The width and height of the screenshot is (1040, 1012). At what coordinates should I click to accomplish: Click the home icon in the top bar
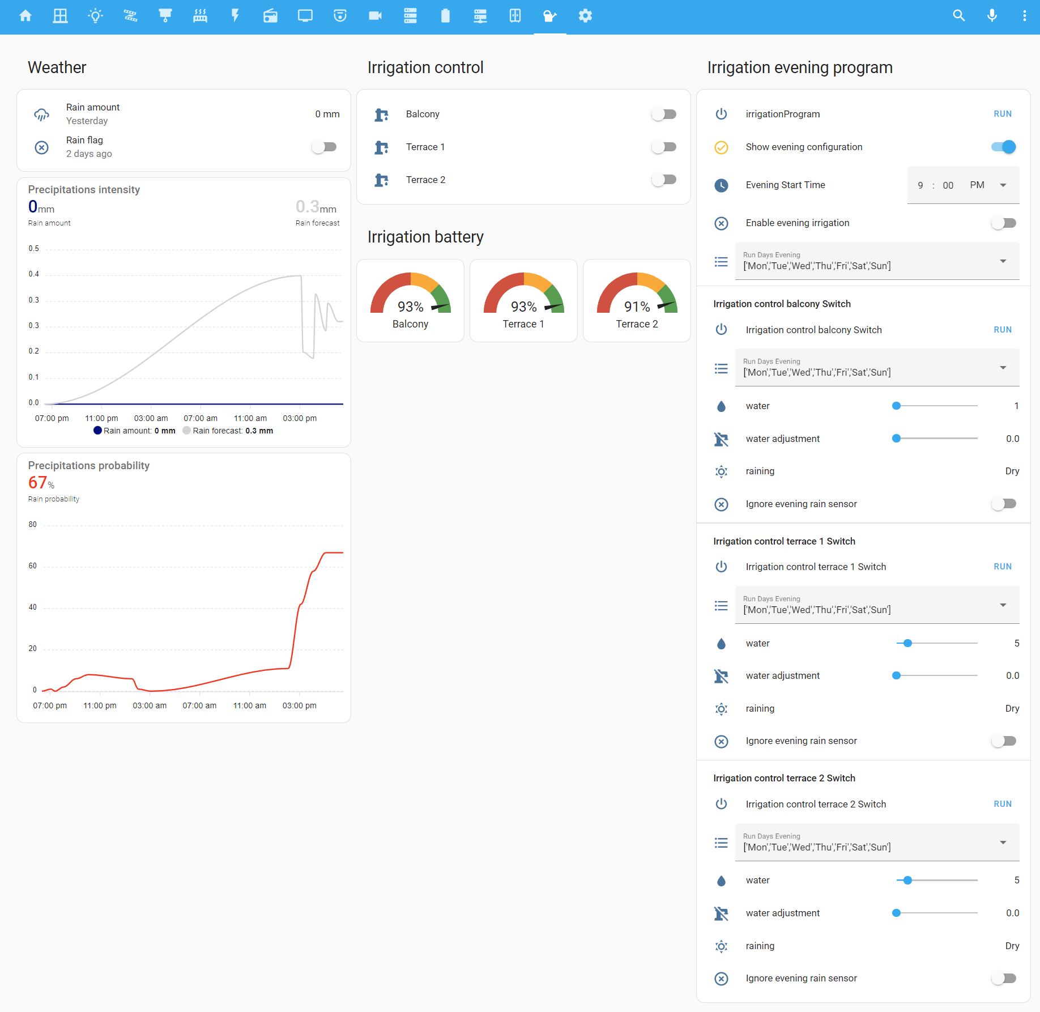click(x=25, y=16)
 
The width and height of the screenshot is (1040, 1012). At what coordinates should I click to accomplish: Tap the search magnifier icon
click(x=958, y=16)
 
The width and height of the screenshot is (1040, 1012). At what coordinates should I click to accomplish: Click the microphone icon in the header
click(x=992, y=16)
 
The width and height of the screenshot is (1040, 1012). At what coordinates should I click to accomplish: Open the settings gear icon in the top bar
click(x=585, y=16)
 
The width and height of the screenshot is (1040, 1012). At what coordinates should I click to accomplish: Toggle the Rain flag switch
click(x=324, y=147)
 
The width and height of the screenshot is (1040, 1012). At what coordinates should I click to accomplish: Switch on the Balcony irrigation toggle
click(x=663, y=114)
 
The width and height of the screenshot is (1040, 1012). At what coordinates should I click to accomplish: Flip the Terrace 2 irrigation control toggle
click(x=663, y=180)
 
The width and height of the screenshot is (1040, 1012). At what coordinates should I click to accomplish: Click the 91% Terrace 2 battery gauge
click(x=637, y=301)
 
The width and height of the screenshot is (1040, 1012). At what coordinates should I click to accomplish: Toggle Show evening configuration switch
click(x=1003, y=147)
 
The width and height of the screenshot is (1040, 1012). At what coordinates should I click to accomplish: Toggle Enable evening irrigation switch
click(x=1003, y=223)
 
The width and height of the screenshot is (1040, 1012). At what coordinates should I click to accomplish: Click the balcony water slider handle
click(x=896, y=406)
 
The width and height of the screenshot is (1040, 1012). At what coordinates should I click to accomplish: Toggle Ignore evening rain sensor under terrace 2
click(x=1003, y=979)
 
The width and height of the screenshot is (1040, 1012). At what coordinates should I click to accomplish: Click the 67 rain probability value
click(x=38, y=483)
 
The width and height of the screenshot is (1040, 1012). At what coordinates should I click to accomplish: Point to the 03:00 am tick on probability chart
click(x=150, y=705)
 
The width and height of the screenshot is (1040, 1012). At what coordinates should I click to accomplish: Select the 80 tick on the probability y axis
click(x=33, y=525)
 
